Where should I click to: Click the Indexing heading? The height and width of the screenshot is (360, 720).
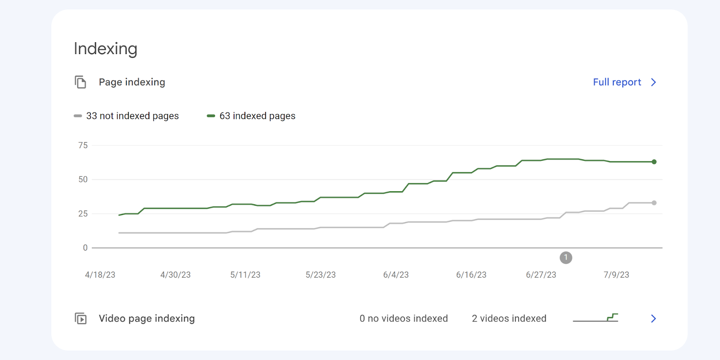[105, 49]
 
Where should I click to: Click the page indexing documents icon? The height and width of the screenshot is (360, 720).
[81, 82]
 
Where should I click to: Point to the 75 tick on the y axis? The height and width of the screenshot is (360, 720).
[83, 145]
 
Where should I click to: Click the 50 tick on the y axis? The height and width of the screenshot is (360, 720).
[83, 180]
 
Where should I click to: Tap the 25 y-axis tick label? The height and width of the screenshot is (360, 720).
[83, 214]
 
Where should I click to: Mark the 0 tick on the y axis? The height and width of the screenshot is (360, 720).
[85, 247]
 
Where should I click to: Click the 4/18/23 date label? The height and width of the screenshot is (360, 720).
[100, 274]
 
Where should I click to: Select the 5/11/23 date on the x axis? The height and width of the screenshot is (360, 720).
[245, 274]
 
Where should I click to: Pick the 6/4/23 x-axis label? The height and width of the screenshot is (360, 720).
[396, 274]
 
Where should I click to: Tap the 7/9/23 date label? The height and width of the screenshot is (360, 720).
[616, 274]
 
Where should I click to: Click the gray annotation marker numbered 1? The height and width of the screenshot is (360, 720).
[566, 258]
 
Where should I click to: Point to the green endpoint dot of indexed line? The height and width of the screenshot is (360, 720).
[654, 162]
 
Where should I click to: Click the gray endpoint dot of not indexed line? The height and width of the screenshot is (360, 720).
[654, 203]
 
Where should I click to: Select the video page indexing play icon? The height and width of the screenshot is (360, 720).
[81, 319]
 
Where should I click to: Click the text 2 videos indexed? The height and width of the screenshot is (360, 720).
[509, 319]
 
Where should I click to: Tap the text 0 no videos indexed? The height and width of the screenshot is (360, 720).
[404, 319]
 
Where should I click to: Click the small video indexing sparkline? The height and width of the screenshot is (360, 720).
[595, 318]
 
